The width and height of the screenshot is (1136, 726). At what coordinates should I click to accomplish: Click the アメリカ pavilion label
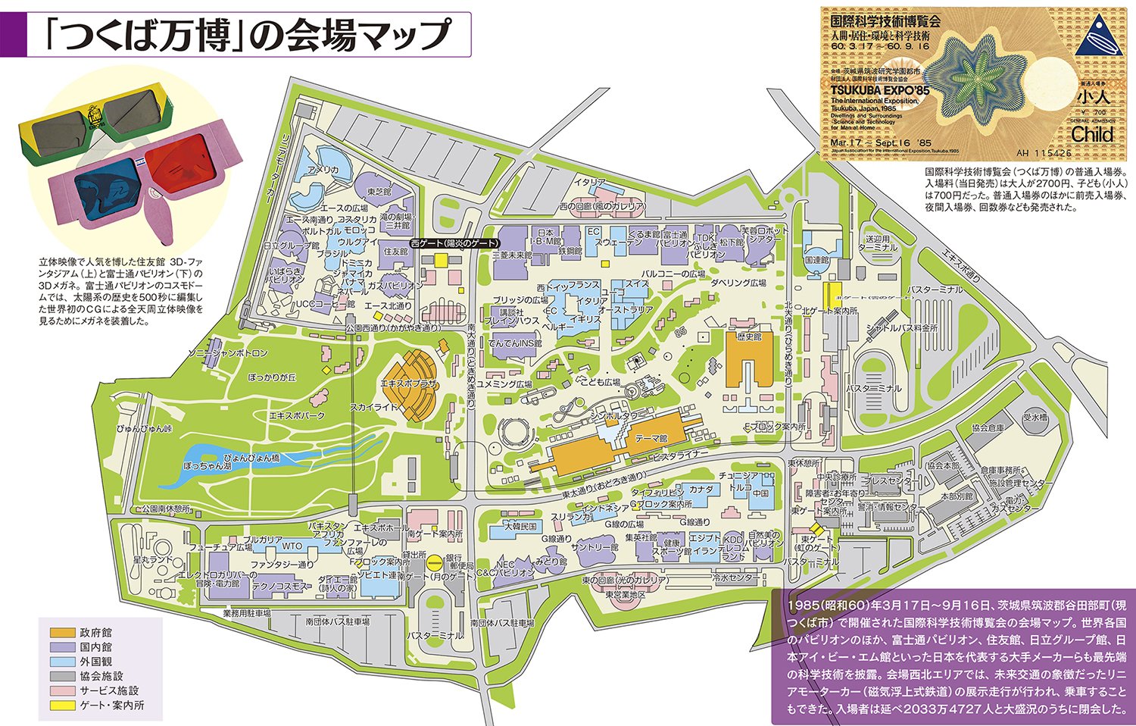(x=323, y=170)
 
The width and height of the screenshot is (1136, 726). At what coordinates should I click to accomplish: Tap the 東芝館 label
(x=379, y=192)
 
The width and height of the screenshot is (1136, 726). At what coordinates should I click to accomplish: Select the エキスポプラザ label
(x=409, y=384)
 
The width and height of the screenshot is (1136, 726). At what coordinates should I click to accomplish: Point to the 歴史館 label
(x=748, y=336)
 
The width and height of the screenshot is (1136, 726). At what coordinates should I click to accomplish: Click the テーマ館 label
(x=651, y=438)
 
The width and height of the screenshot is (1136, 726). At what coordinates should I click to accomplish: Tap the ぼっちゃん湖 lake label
(x=207, y=466)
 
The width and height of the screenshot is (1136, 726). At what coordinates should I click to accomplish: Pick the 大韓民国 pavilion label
(x=520, y=526)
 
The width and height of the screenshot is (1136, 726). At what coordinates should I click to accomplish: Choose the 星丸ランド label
(x=153, y=560)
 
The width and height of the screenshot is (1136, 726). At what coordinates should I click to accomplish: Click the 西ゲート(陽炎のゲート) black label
(x=454, y=243)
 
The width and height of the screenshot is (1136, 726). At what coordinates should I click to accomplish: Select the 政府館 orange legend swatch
(x=63, y=633)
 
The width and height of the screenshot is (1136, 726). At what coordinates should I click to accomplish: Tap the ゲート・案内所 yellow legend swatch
(x=63, y=705)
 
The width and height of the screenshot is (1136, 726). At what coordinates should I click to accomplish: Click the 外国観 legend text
(x=95, y=662)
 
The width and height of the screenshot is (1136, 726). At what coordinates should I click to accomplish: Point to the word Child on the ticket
(x=1092, y=134)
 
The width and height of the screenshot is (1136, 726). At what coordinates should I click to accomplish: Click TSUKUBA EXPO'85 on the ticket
(x=879, y=90)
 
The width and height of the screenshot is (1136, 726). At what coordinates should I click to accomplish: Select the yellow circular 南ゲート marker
(x=434, y=562)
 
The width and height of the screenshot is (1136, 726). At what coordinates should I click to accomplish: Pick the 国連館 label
(x=816, y=260)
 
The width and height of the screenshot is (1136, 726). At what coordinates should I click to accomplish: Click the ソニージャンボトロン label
(x=227, y=354)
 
